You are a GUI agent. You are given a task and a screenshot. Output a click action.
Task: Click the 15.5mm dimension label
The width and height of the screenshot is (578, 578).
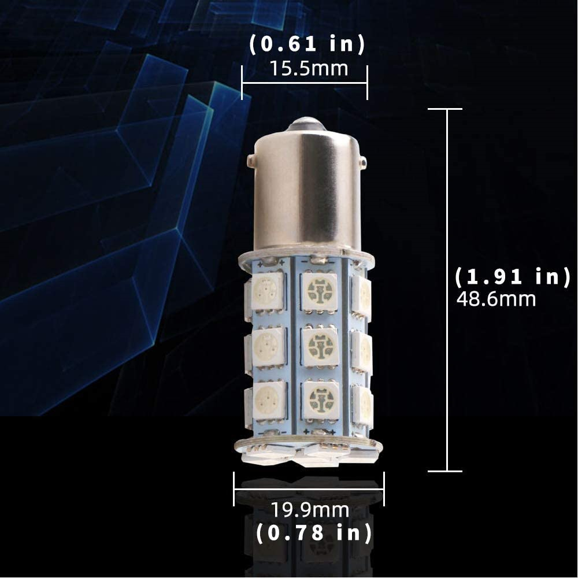tap(309, 69)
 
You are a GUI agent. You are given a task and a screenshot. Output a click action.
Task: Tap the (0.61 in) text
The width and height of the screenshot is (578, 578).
tap(306, 45)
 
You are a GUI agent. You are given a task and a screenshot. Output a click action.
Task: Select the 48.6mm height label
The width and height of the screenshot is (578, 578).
tap(496, 299)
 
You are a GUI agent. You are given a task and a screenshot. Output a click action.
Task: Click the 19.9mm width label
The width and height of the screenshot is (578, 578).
tap(310, 510)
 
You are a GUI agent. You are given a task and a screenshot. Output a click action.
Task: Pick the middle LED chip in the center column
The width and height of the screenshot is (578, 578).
tap(320, 346)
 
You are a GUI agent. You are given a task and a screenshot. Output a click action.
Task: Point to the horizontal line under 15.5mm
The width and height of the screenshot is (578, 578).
tap(305, 83)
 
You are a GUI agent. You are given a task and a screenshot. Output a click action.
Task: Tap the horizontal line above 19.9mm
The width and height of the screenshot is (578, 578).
tap(309, 489)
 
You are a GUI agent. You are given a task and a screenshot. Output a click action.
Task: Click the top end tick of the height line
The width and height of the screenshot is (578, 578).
tap(445, 109)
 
